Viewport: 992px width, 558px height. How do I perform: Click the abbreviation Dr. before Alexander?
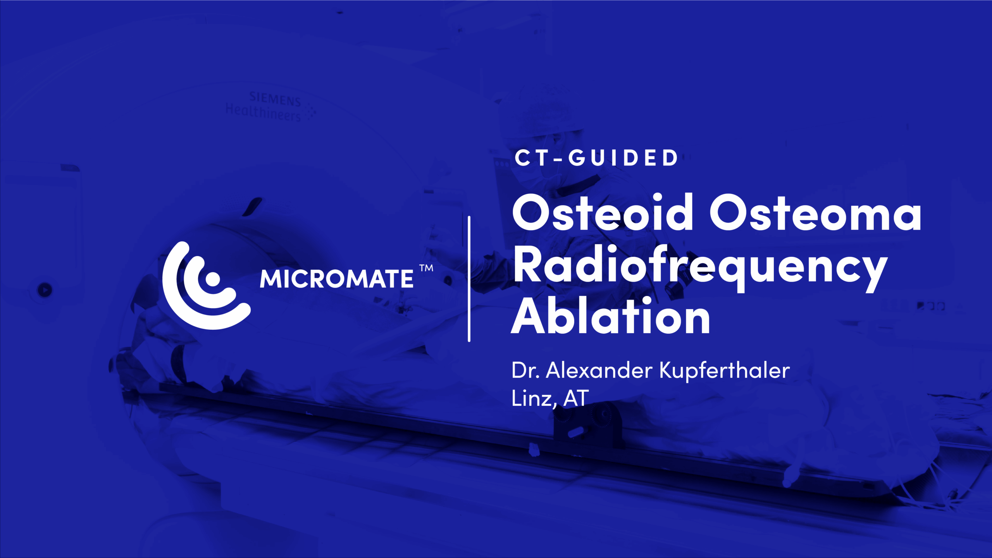coord(525,370)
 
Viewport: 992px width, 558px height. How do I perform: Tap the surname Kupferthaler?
coord(724,370)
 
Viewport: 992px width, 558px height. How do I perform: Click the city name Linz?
coord(533,398)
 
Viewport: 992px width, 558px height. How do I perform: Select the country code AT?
coord(576,398)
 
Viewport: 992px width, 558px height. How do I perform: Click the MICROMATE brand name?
coord(336,279)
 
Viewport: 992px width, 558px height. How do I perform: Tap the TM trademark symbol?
coord(426,268)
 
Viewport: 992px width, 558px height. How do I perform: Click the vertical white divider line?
coord(469,279)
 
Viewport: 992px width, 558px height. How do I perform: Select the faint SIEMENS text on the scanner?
coord(275,99)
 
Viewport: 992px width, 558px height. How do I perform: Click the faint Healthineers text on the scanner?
coord(263,112)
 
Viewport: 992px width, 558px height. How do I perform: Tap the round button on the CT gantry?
coord(45,290)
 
